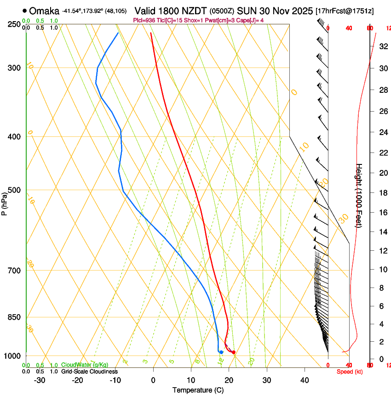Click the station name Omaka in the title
[x=44, y=11]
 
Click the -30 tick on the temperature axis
[x=40, y=380]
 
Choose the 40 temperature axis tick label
[x=304, y=380]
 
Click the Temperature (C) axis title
[x=198, y=390]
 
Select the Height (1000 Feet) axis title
[x=359, y=195]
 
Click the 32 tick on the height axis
[x=383, y=46]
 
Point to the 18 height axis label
[x=383, y=192]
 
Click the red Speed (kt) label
[x=350, y=372]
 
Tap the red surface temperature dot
[x=234, y=352]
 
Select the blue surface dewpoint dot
[x=221, y=352]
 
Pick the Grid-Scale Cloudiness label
[x=89, y=372]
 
